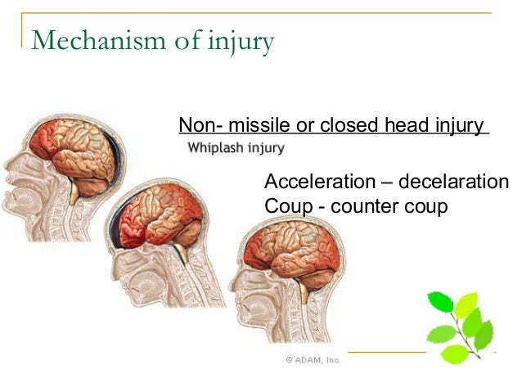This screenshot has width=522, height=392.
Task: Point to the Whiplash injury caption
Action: pos(236,149)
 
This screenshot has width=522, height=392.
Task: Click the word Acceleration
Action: pos(320,182)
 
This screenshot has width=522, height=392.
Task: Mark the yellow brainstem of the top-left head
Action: pos(76,193)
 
